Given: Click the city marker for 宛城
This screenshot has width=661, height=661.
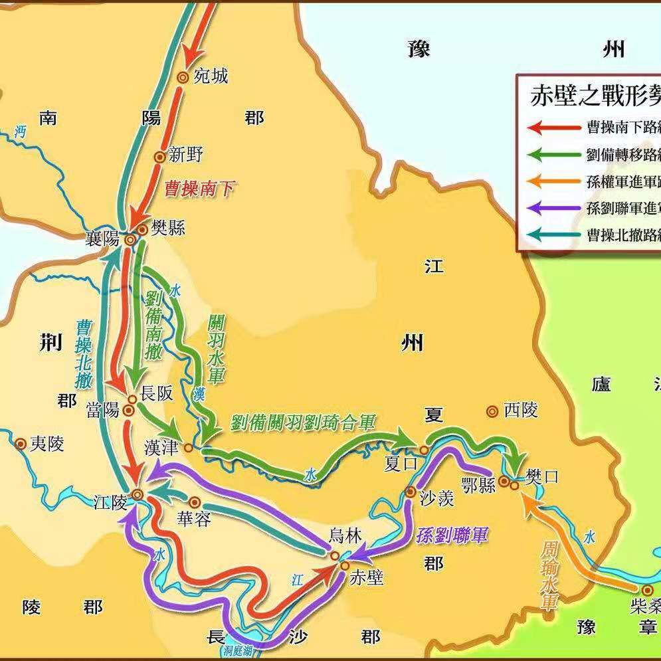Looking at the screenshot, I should pyautogui.click(x=182, y=77).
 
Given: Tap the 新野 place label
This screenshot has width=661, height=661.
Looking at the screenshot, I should pyautogui.click(x=185, y=155).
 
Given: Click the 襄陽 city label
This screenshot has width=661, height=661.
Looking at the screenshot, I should pyautogui.click(x=102, y=239).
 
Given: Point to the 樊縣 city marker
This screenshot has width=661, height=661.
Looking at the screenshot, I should pyautogui.click(x=142, y=230).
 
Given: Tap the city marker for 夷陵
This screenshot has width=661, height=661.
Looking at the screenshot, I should pyautogui.click(x=21, y=444).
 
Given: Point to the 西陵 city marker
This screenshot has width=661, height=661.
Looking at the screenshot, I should pyautogui.click(x=492, y=412).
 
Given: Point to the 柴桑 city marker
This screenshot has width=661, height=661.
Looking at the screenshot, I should pyautogui.click(x=647, y=590).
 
